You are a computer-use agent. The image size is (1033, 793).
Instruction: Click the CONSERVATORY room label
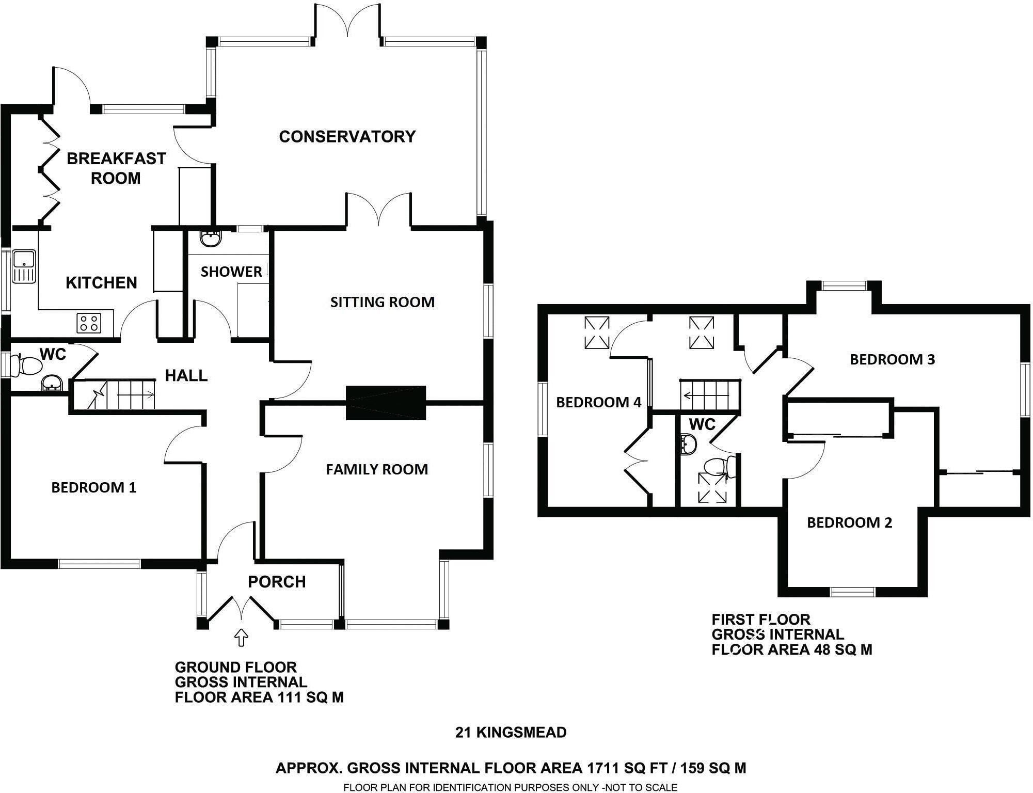tap(347, 136)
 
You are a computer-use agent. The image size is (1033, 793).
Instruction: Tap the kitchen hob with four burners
tap(88, 323)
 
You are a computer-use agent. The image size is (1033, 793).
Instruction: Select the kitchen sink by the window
tap(24, 266)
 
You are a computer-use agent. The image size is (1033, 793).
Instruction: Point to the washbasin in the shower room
tap(210, 239)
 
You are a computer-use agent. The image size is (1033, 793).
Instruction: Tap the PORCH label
tap(277, 582)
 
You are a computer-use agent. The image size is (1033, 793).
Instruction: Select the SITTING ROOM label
tap(382, 302)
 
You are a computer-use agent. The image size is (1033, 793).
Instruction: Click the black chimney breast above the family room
tap(386, 403)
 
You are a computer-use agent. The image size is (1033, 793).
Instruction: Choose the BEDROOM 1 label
tap(94, 487)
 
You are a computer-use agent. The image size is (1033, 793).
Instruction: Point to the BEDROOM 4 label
tap(598, 402)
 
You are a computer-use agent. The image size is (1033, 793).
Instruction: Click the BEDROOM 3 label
tap(892, 359)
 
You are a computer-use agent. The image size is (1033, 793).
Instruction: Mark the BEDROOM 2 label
tap(849, 522)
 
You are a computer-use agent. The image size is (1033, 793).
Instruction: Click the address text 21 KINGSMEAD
tap(511, 732)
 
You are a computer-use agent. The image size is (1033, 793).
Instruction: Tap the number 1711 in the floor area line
tap(601, 768)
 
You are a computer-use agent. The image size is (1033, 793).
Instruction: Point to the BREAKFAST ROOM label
tap(116, 168)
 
